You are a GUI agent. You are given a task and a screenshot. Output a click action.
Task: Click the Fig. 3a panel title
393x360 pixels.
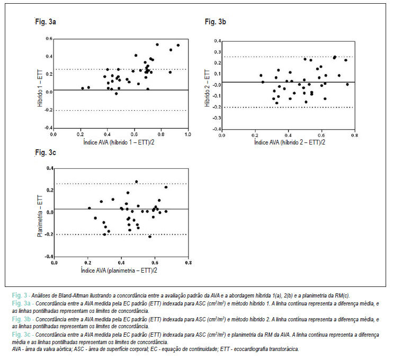tap(46, 22)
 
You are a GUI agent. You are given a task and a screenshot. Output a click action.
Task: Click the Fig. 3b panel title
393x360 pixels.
tap(215, 22)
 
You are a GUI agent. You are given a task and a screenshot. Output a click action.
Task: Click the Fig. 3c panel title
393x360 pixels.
tap(46, 152)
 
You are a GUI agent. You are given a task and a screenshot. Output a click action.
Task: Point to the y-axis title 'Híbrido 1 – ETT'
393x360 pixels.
tap(40, 88)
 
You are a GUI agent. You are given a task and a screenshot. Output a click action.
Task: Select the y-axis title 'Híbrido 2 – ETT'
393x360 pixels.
tap(207, 88)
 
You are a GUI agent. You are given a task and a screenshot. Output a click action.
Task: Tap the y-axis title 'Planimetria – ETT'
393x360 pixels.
tap(40, 216)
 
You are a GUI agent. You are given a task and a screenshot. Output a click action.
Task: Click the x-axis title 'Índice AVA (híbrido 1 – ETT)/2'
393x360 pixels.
tap(119, 142)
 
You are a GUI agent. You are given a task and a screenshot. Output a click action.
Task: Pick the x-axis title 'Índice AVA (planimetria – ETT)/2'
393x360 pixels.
tap(119, 271)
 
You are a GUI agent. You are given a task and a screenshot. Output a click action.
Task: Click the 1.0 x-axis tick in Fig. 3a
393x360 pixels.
tap(187, 134)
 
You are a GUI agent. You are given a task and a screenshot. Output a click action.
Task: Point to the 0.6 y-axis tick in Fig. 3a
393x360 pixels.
tap(49, 39)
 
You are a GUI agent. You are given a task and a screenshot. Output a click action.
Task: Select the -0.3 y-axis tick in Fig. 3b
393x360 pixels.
tap(217, 118)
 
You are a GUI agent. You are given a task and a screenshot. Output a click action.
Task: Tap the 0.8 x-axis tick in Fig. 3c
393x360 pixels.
tap(189, 263)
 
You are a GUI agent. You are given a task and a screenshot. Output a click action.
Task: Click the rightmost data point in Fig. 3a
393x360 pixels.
tap(178, 46)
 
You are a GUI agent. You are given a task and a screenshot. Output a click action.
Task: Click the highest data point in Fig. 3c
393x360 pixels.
tap(136, 182)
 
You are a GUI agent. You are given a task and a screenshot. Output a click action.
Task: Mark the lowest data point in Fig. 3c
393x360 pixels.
tap(150, 237)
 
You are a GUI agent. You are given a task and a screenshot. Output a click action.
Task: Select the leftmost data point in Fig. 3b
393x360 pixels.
tap(261, 75)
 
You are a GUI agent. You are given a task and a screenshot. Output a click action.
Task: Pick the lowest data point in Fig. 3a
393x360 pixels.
tap(117, 94)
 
